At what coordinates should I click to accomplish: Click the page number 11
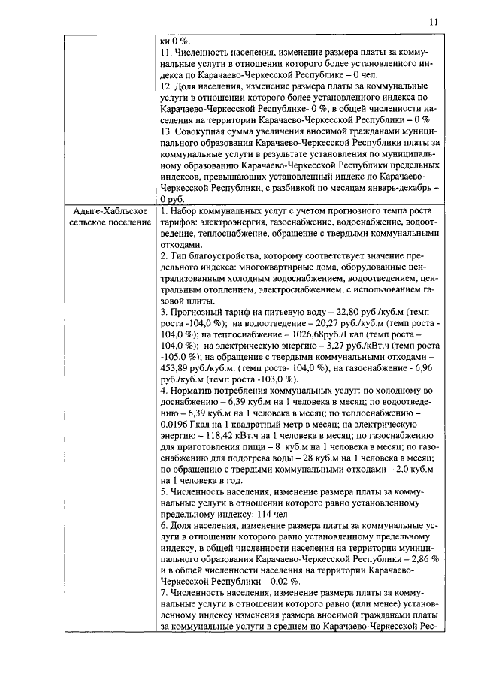[x=433, y=23]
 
